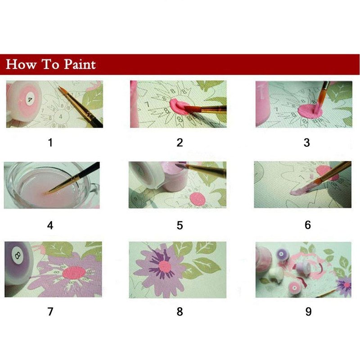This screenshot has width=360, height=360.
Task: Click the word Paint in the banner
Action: coord(80,64)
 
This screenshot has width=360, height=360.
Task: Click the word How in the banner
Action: coord(21,64)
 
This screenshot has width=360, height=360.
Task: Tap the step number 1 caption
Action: coord(50,143)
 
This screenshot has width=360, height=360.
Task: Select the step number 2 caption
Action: coord(180,143)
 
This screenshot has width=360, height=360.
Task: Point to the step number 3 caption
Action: coord(307,143)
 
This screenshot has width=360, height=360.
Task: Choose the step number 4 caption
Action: coord(50,225)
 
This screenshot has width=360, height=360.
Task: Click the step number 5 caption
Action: coord(180,225)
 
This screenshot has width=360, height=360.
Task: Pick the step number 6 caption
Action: coord(308,225)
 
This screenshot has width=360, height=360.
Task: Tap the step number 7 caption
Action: coord(50,311)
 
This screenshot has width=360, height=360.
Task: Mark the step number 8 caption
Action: coord(180,311)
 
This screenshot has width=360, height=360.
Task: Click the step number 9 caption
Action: coord(309,311)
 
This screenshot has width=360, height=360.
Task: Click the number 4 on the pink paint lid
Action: coord(30,99)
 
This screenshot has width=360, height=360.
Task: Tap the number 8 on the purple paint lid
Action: coord(18,255)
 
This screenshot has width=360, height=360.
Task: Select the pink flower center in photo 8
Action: coord(165,267)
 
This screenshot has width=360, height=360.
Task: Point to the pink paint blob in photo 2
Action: coord(179,106)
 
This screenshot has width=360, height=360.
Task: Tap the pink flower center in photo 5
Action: coord(197,199)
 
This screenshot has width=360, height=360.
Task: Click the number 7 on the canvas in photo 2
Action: coord(147,105)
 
